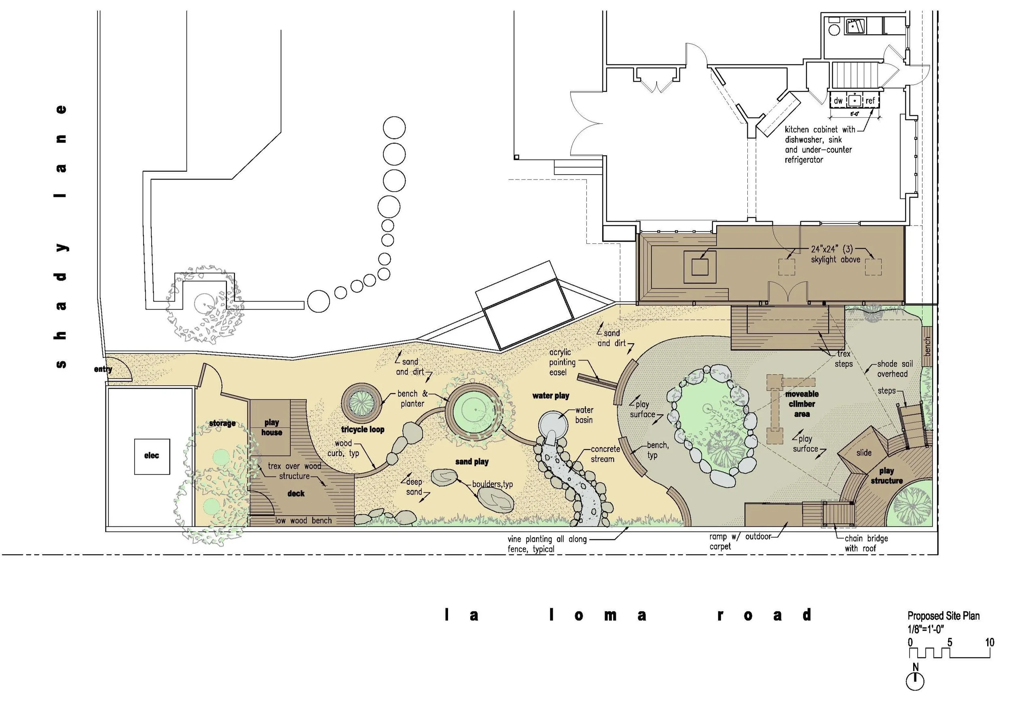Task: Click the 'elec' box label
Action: [152, 456]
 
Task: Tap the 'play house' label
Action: [271, 427]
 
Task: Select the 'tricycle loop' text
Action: [362, 430]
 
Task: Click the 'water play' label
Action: [550, 396]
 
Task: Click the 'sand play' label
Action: [472, 462]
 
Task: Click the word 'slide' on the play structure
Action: [863, 453]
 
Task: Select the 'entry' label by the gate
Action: [103, 369]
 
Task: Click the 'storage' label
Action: [222, 423]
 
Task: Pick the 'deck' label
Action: [296, 494]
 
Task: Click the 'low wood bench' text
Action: [304, 520]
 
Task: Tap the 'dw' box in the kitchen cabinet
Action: [838, 101]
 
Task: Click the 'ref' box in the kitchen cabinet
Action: [870, 101]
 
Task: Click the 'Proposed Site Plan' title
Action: [943, 616]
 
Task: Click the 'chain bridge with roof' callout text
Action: [865, 543]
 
